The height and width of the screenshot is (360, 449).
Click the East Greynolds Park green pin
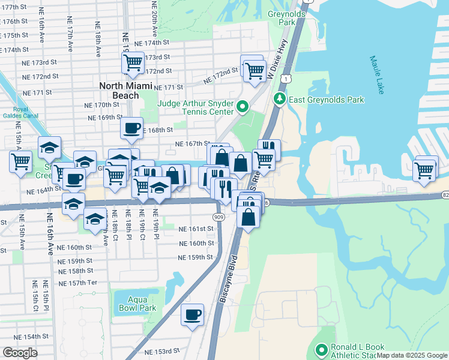(279, 99)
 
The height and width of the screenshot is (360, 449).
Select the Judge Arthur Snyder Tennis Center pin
(243, 107)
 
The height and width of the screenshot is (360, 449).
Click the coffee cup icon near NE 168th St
(131, 128)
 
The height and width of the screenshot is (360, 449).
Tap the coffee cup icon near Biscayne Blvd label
(193, 314)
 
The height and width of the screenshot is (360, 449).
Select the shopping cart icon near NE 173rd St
(132, 62)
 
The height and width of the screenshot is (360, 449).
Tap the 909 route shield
(220, 217)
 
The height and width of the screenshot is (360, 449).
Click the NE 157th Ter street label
(83, 283)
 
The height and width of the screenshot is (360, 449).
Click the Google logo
(20, 353)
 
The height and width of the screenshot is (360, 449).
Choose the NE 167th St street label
(191, 144)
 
